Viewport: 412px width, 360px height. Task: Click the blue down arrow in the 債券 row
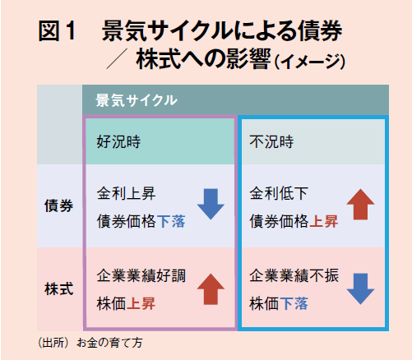[211, 204]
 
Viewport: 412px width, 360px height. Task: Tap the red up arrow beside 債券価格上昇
[360, 204]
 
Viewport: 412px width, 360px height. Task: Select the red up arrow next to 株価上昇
[211, 289]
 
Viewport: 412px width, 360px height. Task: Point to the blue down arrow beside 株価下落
[360, 289]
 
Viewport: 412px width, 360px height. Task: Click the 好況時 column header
[118, 141]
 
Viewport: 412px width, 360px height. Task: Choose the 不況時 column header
[271, 141]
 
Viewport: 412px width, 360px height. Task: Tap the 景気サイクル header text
[137, 100]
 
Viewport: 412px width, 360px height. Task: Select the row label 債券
[58, 205]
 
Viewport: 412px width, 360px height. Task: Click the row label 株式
[58, 289]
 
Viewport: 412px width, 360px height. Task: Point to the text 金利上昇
[126, 193]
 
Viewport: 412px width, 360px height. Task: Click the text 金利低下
[279, 193]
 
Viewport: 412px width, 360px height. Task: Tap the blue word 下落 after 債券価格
[171, 221]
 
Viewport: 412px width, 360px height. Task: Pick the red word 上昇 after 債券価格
[324, 221]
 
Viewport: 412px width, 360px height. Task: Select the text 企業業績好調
[141, 275]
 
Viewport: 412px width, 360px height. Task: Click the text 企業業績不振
[294, 275]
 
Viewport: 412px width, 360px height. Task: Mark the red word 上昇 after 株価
[141, 303]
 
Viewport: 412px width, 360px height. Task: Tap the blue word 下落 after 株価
[294, 303]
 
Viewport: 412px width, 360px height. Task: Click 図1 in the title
[57, 31]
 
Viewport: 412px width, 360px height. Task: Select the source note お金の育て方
[109, 343]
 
